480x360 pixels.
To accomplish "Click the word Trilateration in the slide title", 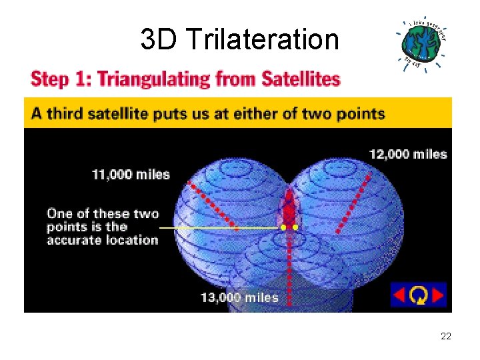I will click(263, 40).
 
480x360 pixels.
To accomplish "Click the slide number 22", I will click(445, 337).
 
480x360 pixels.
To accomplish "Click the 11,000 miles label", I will click(131, 175).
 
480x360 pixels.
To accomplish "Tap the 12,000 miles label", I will click(408, 154).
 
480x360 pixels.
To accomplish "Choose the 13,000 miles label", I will click(239, 297).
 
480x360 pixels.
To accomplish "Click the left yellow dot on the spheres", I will click(283, 227).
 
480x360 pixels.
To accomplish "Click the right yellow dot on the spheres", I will click(296, 227).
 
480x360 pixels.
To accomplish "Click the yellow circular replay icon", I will click(419, 295).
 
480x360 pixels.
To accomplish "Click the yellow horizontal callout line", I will click(220, 227).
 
